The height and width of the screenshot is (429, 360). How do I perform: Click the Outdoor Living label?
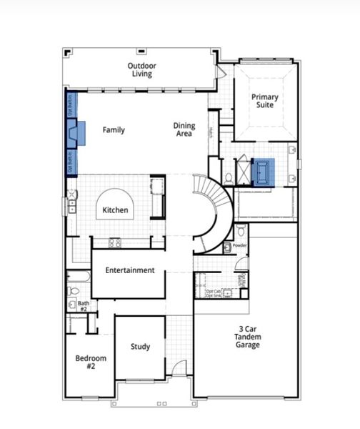coord(142,70)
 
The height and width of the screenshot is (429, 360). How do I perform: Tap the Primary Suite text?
coord(265,102)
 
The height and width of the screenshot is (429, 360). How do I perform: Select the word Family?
coord(114,130)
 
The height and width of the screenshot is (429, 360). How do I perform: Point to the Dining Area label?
coord(184,130)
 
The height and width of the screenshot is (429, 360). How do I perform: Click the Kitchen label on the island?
coord(115,210)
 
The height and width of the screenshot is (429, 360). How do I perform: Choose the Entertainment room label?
coord(130,270)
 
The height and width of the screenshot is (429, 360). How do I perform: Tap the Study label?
coord(140,347)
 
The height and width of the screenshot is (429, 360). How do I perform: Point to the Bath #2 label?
coord(84,306)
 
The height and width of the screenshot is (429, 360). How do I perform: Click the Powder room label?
coord(239,245)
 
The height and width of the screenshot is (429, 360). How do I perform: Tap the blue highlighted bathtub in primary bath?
coord(264,172)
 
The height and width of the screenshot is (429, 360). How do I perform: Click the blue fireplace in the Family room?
coord(76,132)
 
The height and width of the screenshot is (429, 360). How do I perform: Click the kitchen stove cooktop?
coord(115,242)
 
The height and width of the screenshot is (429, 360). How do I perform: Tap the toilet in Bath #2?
coord(73,290)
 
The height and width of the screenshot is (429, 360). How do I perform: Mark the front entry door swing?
coord(179,369)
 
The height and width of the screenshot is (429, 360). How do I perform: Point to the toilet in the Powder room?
coord(241,230)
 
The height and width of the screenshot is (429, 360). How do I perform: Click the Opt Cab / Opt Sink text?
coord(214,293)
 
